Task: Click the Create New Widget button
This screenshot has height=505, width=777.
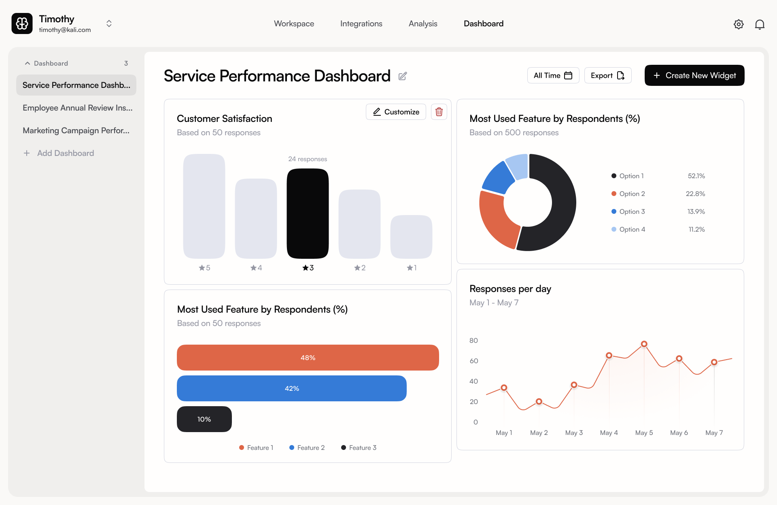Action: point(694,75)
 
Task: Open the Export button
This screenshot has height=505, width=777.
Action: point(607,75)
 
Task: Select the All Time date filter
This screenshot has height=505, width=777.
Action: point(553,75)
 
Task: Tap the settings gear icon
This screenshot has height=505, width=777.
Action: point(739,24)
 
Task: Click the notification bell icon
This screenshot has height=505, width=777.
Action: point(760,24)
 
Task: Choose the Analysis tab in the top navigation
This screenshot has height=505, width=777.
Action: point(423,23)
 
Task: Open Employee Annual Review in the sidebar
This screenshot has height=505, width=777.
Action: point(77,108)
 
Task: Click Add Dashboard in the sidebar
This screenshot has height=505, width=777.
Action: point(65,153)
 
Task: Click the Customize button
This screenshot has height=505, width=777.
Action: point(396,112)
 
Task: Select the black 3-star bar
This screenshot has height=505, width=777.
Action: point(308,213)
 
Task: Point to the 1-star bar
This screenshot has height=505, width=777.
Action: point(411,237)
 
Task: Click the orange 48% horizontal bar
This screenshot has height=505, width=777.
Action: point(308,358)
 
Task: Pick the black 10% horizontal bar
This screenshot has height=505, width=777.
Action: point(204,419)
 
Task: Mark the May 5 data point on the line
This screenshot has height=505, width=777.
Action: point(644,344)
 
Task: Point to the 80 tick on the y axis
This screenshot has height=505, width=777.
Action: point(473,341)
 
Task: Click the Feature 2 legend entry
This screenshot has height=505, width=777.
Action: point(307,447)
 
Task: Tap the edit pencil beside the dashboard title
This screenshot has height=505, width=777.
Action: point(403,76)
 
